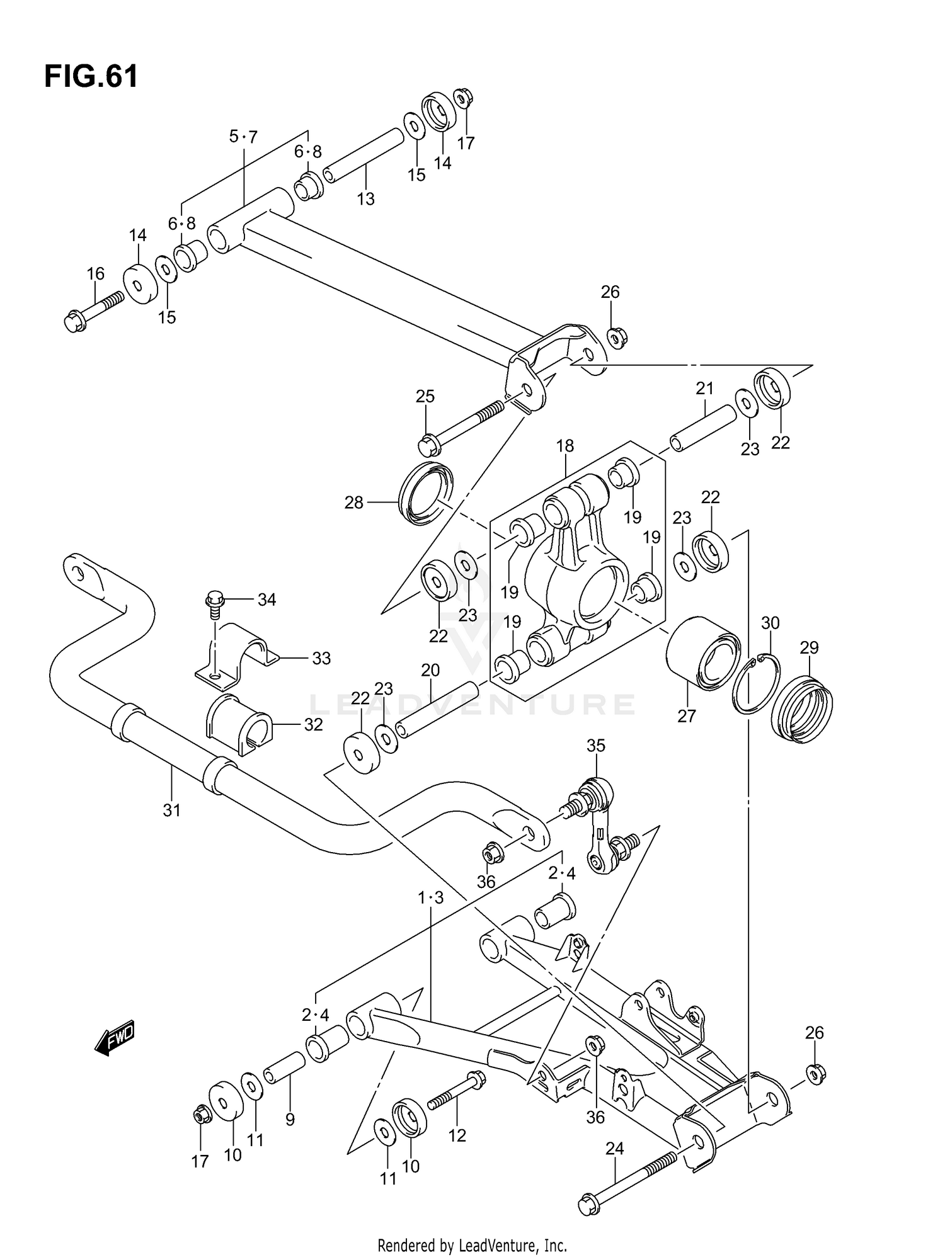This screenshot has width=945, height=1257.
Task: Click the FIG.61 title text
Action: [91, 77]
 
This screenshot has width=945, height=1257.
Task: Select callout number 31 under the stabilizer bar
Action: [171, 811]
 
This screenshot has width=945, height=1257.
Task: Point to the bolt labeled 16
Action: [94, 312]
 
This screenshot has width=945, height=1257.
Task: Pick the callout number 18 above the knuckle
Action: [564, 446]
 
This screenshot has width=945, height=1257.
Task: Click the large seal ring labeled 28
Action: [426, 494]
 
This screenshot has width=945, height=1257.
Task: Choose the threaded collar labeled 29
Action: [801, 709]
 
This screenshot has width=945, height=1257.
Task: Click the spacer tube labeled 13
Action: [364, 155]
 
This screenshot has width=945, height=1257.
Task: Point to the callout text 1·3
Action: [431, 898]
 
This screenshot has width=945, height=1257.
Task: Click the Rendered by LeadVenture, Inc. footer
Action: [472, 1244]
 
